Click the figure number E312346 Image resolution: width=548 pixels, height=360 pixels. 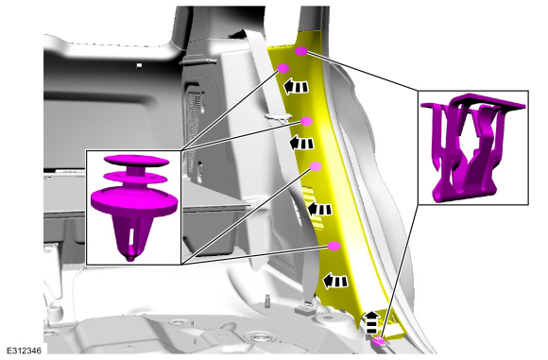25,351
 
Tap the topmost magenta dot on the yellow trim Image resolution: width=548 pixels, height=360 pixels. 300,51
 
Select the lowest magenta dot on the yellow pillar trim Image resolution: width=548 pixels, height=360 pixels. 334,246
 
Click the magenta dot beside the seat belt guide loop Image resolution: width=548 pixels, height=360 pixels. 306,121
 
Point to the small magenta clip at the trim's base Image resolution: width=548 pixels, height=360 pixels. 379,341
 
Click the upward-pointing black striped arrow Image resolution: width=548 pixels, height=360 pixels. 372,322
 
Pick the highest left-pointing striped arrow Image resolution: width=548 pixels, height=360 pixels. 296,87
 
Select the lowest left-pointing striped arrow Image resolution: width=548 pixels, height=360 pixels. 335,281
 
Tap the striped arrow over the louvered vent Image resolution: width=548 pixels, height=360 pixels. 319,210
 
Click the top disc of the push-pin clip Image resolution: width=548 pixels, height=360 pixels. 136,160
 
